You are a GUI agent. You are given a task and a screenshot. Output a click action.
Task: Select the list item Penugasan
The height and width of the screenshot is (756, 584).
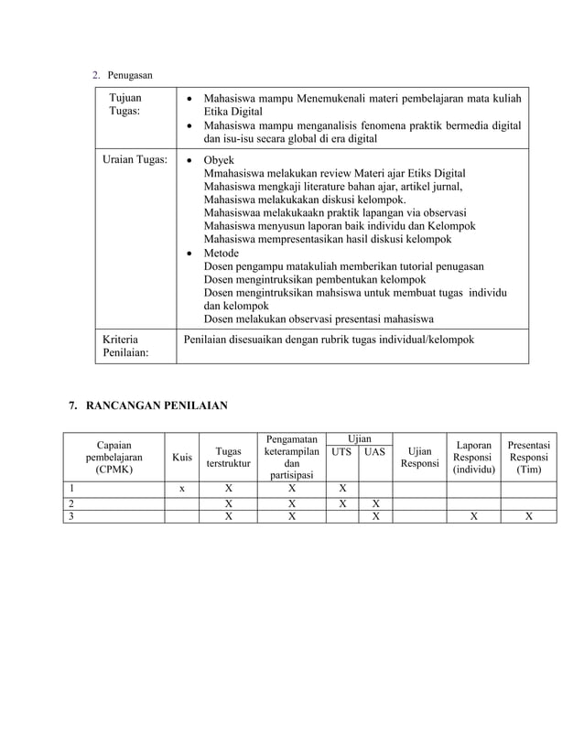[129, 73]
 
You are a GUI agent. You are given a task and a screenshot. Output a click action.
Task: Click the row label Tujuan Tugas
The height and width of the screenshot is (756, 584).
[125, 103]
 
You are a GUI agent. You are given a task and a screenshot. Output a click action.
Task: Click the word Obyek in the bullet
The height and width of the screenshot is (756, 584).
[219, 159]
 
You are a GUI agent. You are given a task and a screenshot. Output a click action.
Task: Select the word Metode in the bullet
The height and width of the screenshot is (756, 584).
[222, 253]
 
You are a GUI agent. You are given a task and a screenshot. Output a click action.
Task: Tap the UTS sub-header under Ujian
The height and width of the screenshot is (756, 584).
[341, 452]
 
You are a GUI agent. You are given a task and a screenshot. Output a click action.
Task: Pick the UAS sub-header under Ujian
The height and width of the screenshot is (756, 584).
[374, 452]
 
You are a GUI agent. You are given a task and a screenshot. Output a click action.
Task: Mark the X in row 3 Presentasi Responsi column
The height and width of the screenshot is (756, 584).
[528, 516]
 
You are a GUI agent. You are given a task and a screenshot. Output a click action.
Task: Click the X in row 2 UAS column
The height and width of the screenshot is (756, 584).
[374, 502]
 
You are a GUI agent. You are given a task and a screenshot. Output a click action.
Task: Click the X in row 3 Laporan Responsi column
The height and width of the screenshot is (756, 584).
[473, 516]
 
